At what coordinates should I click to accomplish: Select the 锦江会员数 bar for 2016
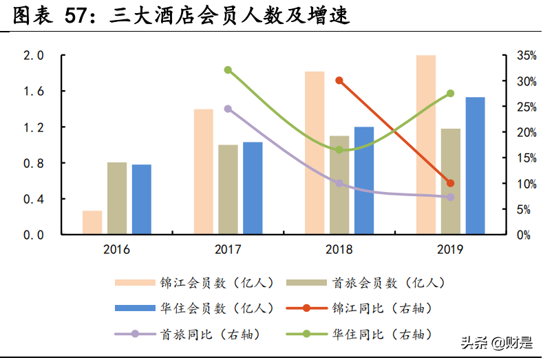pyautogui.click(x=92, y=222)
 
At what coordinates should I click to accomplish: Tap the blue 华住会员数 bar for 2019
pyautogui.click(x=475, y=165)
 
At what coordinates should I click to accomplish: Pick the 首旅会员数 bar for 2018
pyautogui.click(x=339, y=184)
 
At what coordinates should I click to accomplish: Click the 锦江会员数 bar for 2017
pyautogui.click(x=203, y=171)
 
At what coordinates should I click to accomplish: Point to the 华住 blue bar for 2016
pyautogui.click(x=142, y=199)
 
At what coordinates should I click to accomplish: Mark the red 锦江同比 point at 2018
pyautogui.click(x=339, y=81)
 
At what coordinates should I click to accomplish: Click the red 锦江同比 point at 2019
pyautogui.click(x=450, y=183)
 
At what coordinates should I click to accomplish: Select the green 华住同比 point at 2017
pyautogui.click(x=228, y=70)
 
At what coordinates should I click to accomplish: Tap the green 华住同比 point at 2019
pyautogui.click(x=450, y=93)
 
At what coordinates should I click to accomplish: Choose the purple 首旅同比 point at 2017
pyautogui.click(x=228, y=109)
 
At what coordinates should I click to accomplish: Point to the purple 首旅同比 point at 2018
pyautogui.click(x=339, y=183)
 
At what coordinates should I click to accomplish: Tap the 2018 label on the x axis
pyautogui.click(x=339, y=249)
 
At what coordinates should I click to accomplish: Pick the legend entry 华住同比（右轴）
pyautogui.click(x=382, y=334)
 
